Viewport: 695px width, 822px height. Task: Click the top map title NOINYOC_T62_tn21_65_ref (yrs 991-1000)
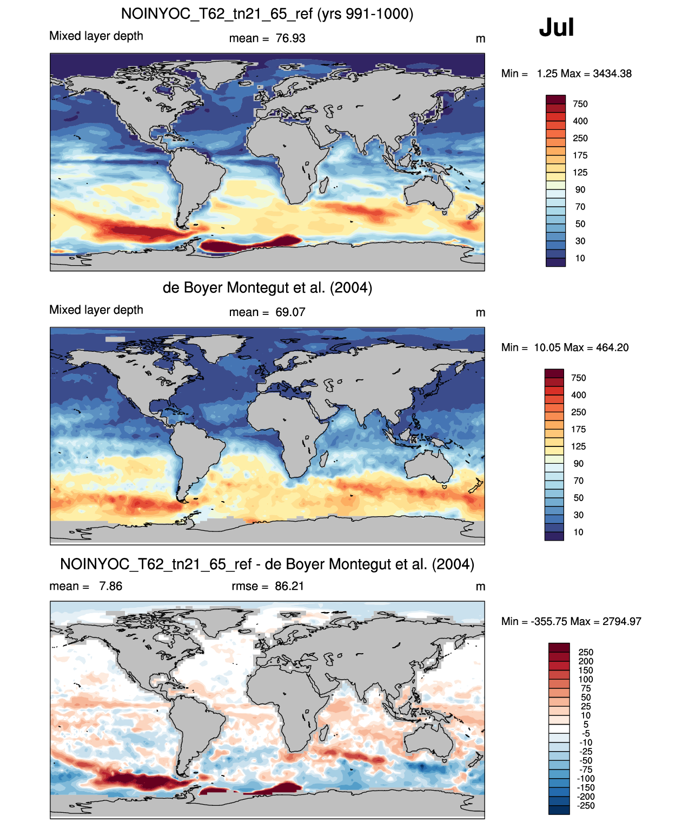[x=267, y=14]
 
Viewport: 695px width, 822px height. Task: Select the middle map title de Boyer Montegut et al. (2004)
[x=267, y=287]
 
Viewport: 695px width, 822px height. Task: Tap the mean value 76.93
[x=290, y=38]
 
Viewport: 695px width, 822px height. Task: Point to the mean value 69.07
[x=290, y=312]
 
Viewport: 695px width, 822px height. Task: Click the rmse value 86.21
[x=289, y=586]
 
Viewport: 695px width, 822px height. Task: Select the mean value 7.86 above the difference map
[x=111, y=586]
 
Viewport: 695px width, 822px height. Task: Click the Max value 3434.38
[x=612, y=74]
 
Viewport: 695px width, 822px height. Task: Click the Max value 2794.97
[x=622, y=622]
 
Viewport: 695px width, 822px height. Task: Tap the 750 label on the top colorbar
[x=580, y=104]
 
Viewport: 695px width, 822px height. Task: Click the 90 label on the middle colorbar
[x=579, y=464]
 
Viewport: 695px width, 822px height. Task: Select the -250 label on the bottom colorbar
[x=586, y=806]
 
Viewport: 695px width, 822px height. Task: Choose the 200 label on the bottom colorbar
[x=586, y=661]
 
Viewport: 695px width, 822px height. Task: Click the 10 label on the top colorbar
[x=580, y=259]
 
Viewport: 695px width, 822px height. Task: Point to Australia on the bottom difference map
[x=429, y=743]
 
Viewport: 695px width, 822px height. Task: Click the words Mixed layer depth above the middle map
[x=96, y=310]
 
